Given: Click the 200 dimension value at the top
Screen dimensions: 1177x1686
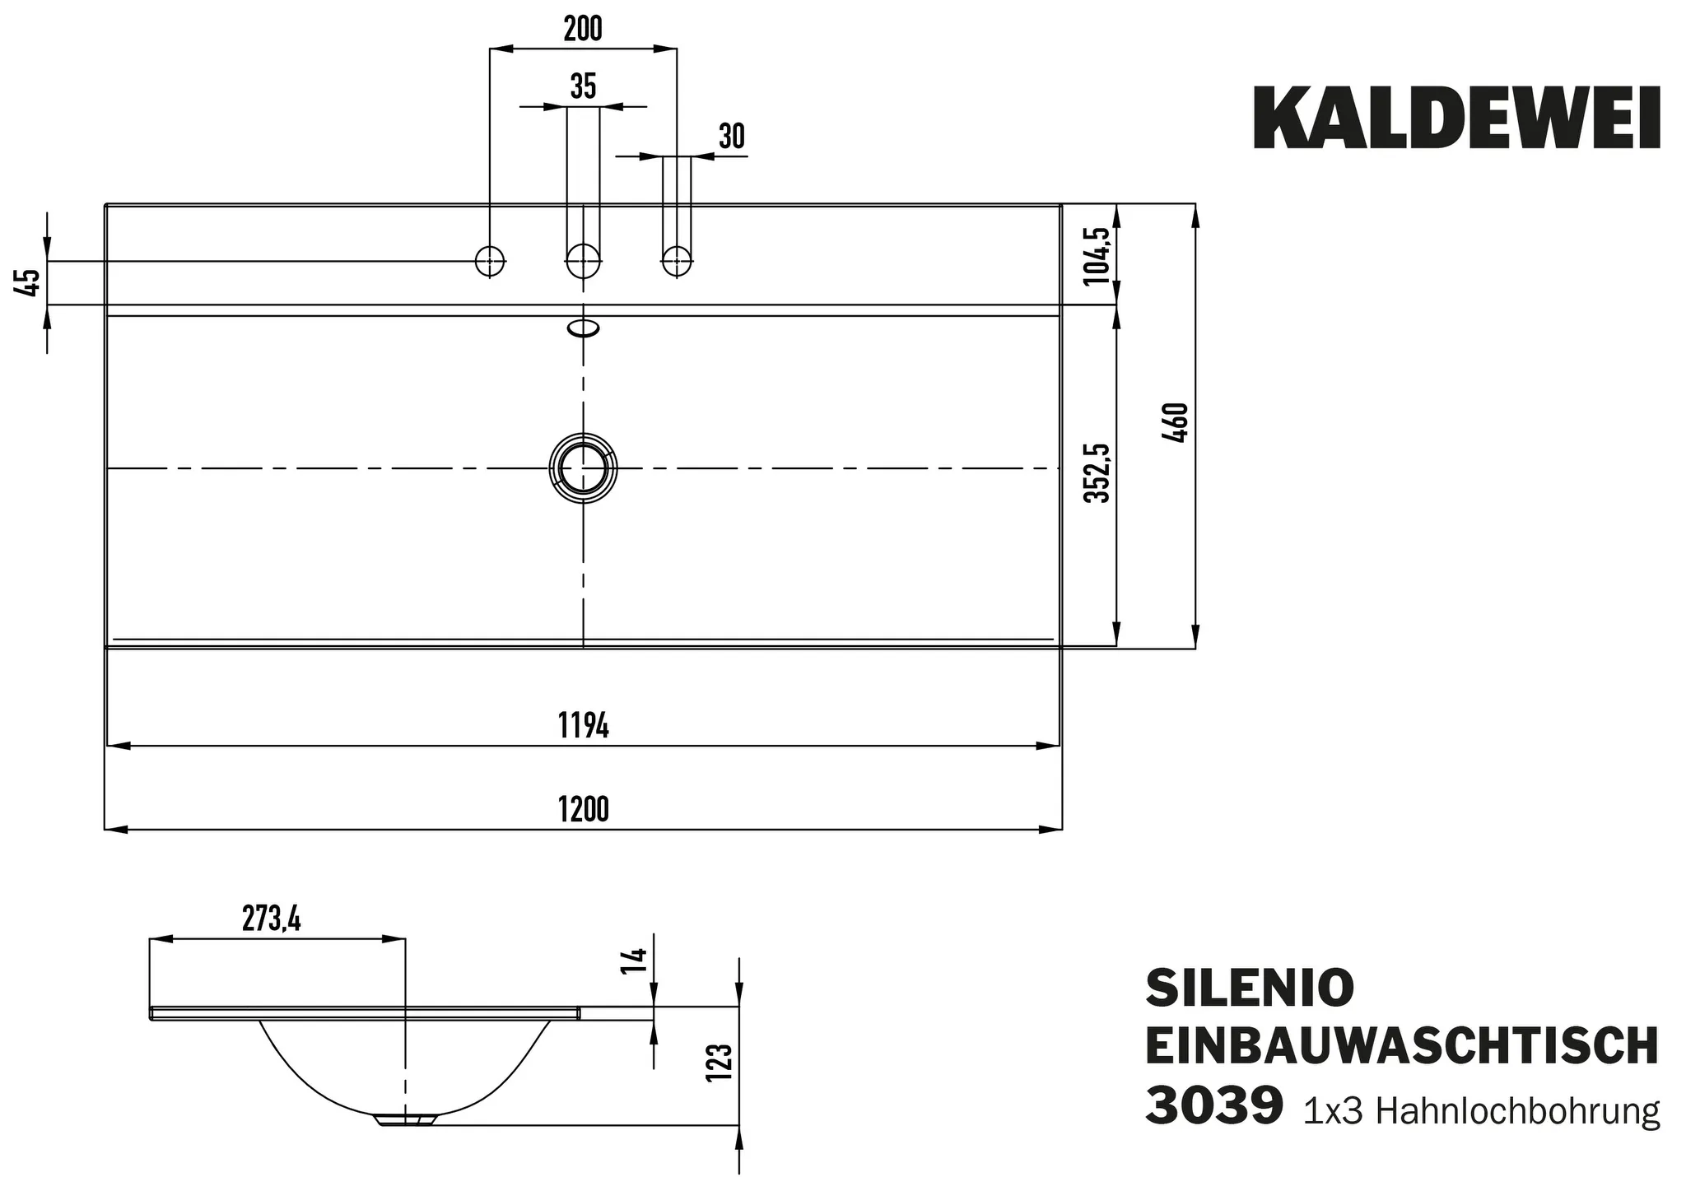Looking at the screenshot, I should click(x=583, y=30).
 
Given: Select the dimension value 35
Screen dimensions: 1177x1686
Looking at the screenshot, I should click(x=583, y=86).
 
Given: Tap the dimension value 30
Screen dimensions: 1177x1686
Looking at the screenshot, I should click(x=731, y=137).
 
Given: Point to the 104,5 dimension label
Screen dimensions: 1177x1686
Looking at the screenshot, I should click(x=1097, y=255).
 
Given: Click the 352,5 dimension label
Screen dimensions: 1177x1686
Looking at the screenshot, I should click(x=1097, y=473).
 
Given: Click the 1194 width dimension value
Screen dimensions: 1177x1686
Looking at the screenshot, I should click(x=583, y=727).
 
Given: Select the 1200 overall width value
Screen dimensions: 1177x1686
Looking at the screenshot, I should click(x=583, y=810).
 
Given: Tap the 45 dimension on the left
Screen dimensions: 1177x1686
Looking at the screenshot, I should click(x=29, y=282).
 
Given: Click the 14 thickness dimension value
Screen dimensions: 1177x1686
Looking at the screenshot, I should click(x=635, y=961).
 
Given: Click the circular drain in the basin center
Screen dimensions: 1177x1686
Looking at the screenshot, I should click(x=583, y=468).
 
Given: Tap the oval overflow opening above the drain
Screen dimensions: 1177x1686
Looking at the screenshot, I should click(x=583, y=328).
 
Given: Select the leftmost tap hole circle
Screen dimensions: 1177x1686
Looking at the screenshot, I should click(x=490, y=261).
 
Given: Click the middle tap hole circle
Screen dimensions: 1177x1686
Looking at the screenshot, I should click(x=583, y=261).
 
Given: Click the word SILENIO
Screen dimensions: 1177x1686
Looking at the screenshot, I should click(x=1250, y=988).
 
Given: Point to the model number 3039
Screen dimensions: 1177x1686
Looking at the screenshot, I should click(x=1213, y=1107).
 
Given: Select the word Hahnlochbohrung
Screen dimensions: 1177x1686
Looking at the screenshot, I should click(x=1517, y=1111).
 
